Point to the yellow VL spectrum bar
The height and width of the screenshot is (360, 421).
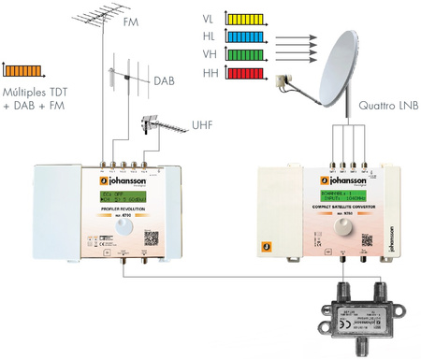coord(244,19)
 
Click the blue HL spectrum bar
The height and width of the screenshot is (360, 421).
coord(244,36)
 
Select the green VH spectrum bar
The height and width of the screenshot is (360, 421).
coord(244,54)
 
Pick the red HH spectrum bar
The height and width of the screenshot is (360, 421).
coord(244,73)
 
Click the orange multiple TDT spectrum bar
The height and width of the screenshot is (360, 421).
coord(24,68)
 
